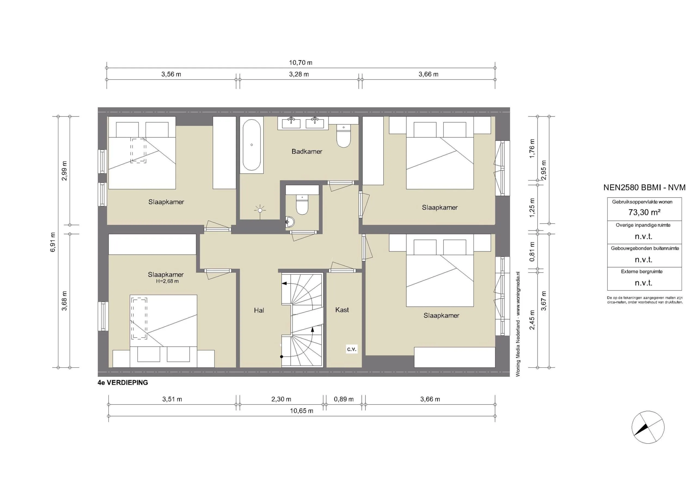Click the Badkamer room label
[307, 151]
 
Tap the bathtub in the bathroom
[251, 145]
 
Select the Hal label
[259, 310]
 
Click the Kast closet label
[342, 310]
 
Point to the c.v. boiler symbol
[351, 349]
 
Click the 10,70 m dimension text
[300, 63]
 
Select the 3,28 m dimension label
[299, 74]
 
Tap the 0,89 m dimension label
[344, 399]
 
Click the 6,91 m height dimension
[53, 242]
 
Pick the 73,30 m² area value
[644, 212]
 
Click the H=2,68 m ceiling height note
[167, 281]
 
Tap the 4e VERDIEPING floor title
[123, 383]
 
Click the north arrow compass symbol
[648, 427]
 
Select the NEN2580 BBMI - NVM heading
[644, 187]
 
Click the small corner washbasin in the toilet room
[290, 222]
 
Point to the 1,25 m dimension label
[532, 208]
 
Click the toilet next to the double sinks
[343, 138]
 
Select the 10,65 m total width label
[301, 411]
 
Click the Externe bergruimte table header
[641, 272]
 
